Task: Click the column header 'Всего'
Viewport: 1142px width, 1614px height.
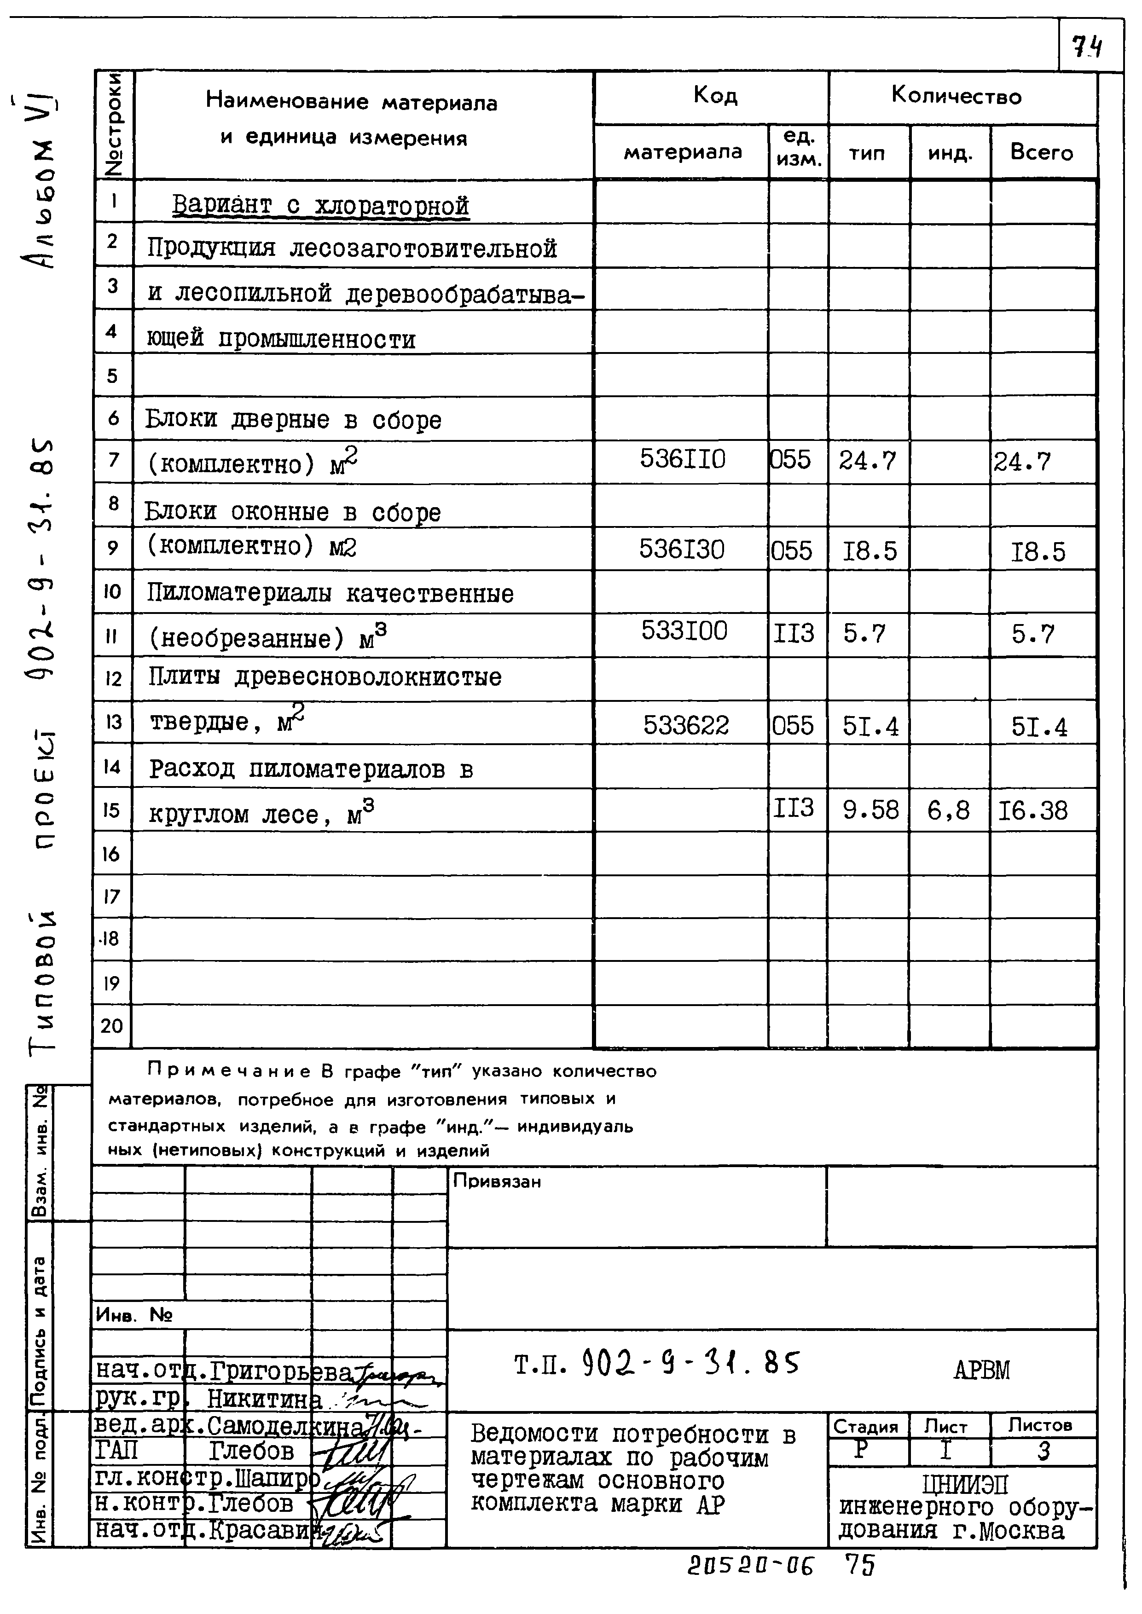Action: coord(1042,152)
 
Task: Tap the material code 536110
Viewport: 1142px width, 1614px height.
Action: coord(682,460)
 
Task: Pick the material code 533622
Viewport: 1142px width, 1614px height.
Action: coord(686,725)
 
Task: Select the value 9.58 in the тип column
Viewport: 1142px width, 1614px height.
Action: coord(870,810)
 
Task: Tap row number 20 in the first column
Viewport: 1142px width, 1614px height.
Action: coord(112,1026)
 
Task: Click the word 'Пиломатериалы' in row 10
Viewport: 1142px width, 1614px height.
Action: coord(239,594)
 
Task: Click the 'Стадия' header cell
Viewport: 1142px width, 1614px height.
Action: coord(866,1427)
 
